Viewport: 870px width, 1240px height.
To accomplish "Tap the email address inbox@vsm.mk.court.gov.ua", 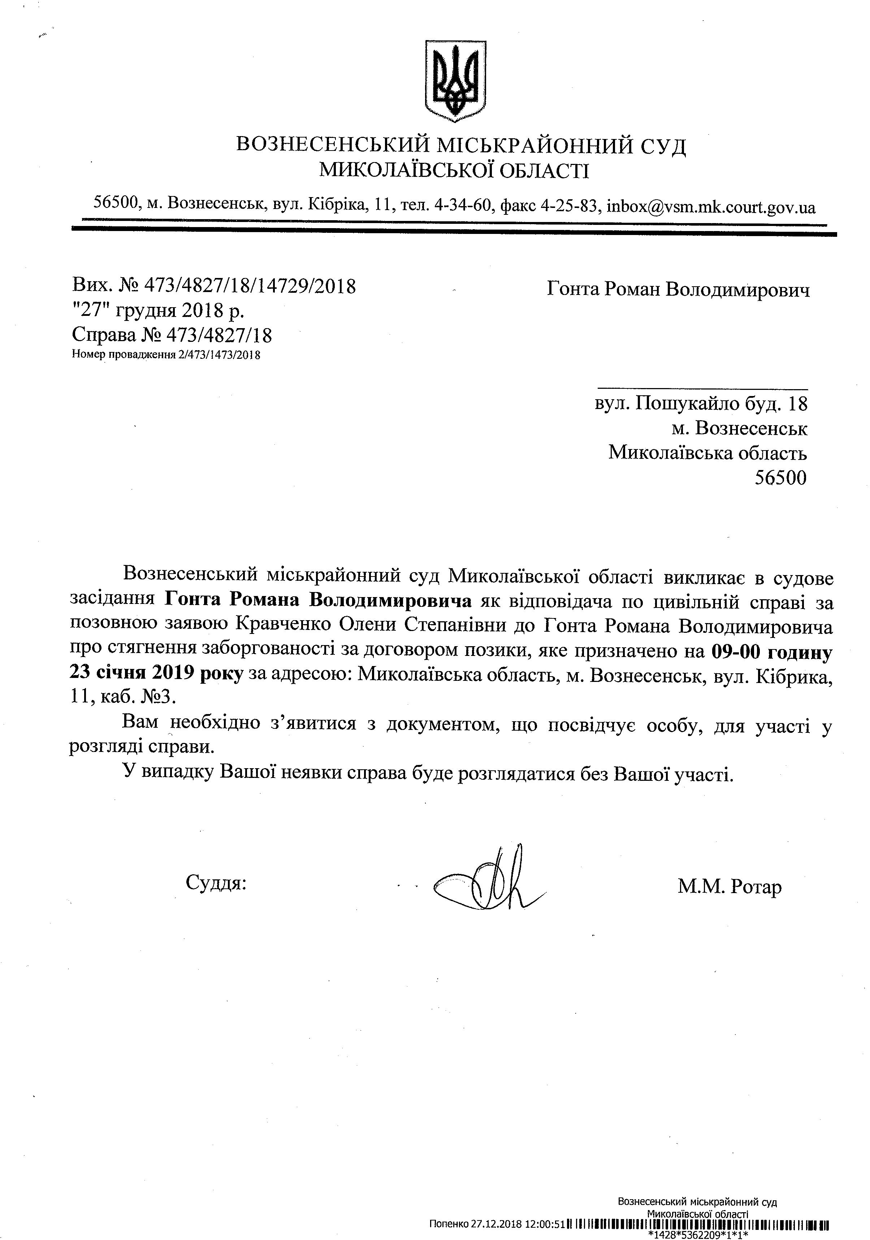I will pos(711,206).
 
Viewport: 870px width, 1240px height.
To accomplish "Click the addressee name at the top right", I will pos(678,290).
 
